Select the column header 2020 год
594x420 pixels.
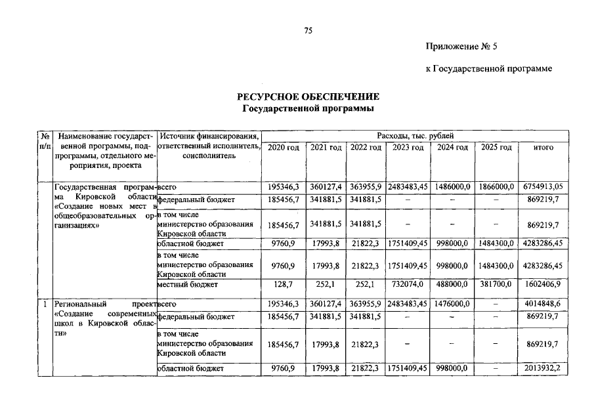pyautogui.click(x=284, y=148)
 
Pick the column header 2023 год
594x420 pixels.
pyautogui.click(x=408, y=148)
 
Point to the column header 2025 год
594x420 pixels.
pyautogui.click(x=496, y=148)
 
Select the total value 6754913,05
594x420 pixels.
pyautogui.click(x=543, y=187)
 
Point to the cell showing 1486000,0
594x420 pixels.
pyautogui.click(x=452, y=187)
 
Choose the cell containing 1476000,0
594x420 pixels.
pyautogui.click(x=452, y=304)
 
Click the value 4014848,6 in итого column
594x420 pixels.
pyautogui.click(x=543, y=304)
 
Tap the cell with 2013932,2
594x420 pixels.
pyautogui.click(x=543, y=369)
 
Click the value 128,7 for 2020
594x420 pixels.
pyautogui.click(x=284, y=285)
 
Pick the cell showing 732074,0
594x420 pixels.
pyautogui.click(x=408, y=285)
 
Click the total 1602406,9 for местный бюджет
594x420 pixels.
pyautogui.click(x=543, y=285)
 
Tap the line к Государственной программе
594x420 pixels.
pyautogui.click(x=489, y=68)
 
